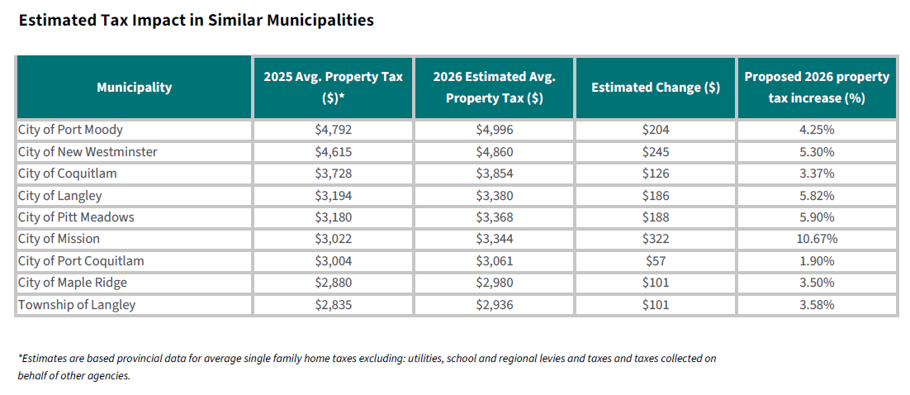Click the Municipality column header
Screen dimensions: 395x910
134,87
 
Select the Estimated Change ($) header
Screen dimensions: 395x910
655,87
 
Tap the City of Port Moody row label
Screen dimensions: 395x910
70,130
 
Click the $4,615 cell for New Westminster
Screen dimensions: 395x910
333,152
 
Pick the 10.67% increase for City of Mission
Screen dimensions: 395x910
816,239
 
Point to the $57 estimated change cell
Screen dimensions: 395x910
655,261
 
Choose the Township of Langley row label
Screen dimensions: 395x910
77,305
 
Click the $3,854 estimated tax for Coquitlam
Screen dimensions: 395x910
494,174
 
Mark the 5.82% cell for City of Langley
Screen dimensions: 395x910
816,196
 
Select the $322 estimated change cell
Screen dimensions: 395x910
655,239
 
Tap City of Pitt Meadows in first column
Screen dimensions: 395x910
76,217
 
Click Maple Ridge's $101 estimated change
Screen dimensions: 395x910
655,283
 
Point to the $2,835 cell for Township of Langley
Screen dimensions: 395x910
333,305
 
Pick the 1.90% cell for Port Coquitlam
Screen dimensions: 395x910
816,261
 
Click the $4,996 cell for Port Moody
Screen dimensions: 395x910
494,130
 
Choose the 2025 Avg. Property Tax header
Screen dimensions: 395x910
333,87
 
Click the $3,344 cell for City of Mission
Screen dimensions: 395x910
494,239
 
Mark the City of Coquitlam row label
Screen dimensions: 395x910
68,174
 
